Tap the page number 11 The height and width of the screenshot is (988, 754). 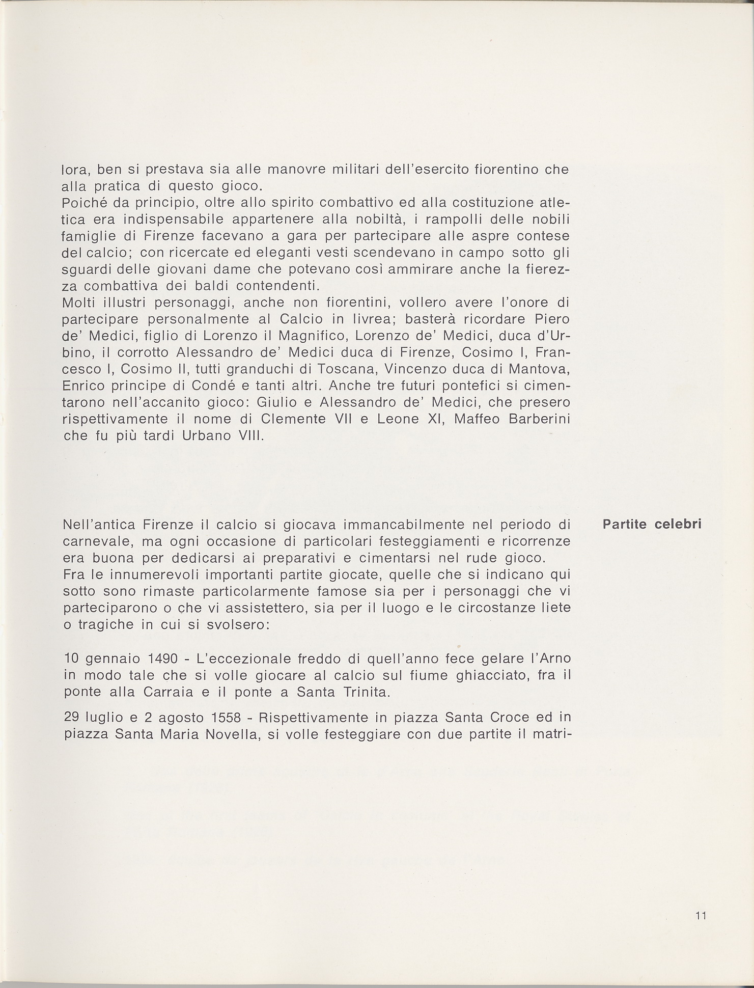pyautogui.click(x=700, y=916)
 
